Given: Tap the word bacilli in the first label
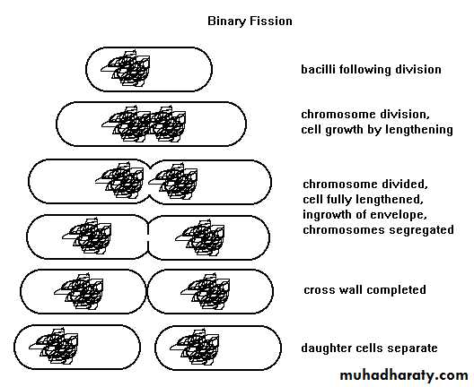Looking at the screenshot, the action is tap(318, 69).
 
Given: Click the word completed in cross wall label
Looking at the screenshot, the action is tap(396, 290).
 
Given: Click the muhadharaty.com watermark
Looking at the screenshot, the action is tap(404, 375).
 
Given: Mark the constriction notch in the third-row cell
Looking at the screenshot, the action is tap(150, 182).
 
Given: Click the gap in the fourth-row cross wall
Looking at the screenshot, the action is tap(148, 237).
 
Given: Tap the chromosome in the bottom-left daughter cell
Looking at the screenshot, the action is tap(54, 347).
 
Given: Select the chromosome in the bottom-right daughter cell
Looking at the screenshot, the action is tap(195, 348).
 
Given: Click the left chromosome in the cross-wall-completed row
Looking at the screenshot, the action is tap(79, 292).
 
